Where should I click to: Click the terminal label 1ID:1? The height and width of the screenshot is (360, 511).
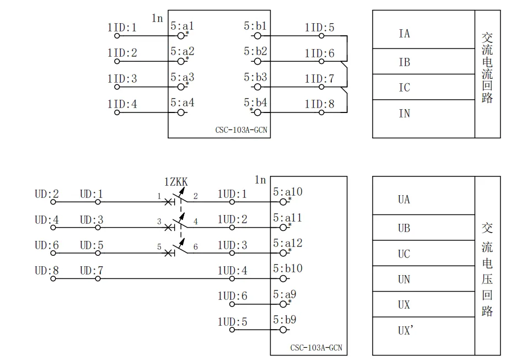tap(122, 27)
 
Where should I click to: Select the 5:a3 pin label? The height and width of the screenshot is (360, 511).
tap(182, 78)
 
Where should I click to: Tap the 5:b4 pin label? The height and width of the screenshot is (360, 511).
tap(255, 103)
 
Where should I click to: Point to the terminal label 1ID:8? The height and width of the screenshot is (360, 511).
tap(319, 103)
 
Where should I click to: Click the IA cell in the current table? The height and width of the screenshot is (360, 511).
tap(404, 34)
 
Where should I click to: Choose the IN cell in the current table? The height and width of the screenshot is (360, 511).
tap(404, 114)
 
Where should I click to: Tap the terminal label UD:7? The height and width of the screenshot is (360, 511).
tap(92, 271)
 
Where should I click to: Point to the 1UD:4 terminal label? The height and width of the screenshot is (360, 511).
tap(232, 271)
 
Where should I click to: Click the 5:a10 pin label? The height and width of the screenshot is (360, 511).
tap(288, 192)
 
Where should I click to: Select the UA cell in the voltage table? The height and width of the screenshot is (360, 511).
tap(404, 200)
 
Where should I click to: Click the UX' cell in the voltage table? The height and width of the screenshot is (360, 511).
tap(406, 331)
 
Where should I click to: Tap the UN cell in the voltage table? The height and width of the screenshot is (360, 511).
tap(404, 280)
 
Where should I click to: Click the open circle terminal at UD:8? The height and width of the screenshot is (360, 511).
tap(53, 279)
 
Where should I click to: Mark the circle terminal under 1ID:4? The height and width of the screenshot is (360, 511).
tap(117, 112)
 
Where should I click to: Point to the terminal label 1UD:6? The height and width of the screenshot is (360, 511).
tap(232, 296)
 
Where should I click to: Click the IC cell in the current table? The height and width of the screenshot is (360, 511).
tap(404, 88)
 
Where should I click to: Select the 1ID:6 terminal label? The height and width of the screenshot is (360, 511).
tap(319, 53)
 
